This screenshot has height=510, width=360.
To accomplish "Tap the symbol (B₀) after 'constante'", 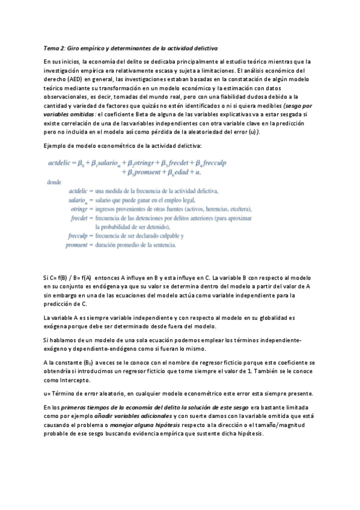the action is click(88, 363).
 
